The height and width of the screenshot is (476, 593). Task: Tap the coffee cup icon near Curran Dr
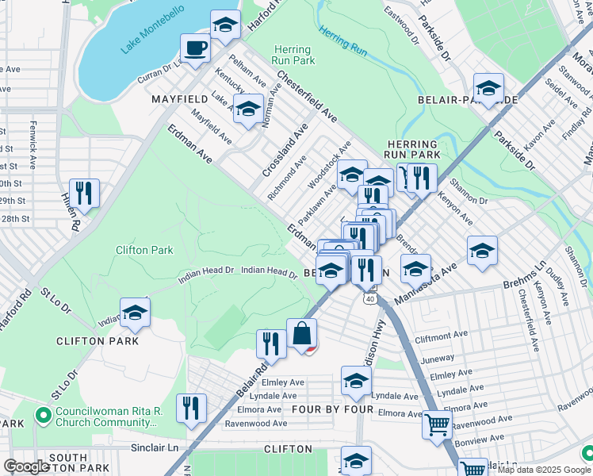[x=195, y=48]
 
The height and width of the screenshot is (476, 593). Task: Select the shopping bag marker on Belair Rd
[x=302, y=333]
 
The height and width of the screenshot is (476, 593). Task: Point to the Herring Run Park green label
[x=294, y=55]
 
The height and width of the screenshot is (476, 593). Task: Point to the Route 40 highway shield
[x=370, y=298]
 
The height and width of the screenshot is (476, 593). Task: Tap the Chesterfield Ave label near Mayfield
[x=307, y=97]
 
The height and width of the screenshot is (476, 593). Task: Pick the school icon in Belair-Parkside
[x=488, y=88]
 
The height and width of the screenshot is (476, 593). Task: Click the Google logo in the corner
[x=26, y=466]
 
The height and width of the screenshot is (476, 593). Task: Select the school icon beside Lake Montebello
[x=226, y=25]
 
